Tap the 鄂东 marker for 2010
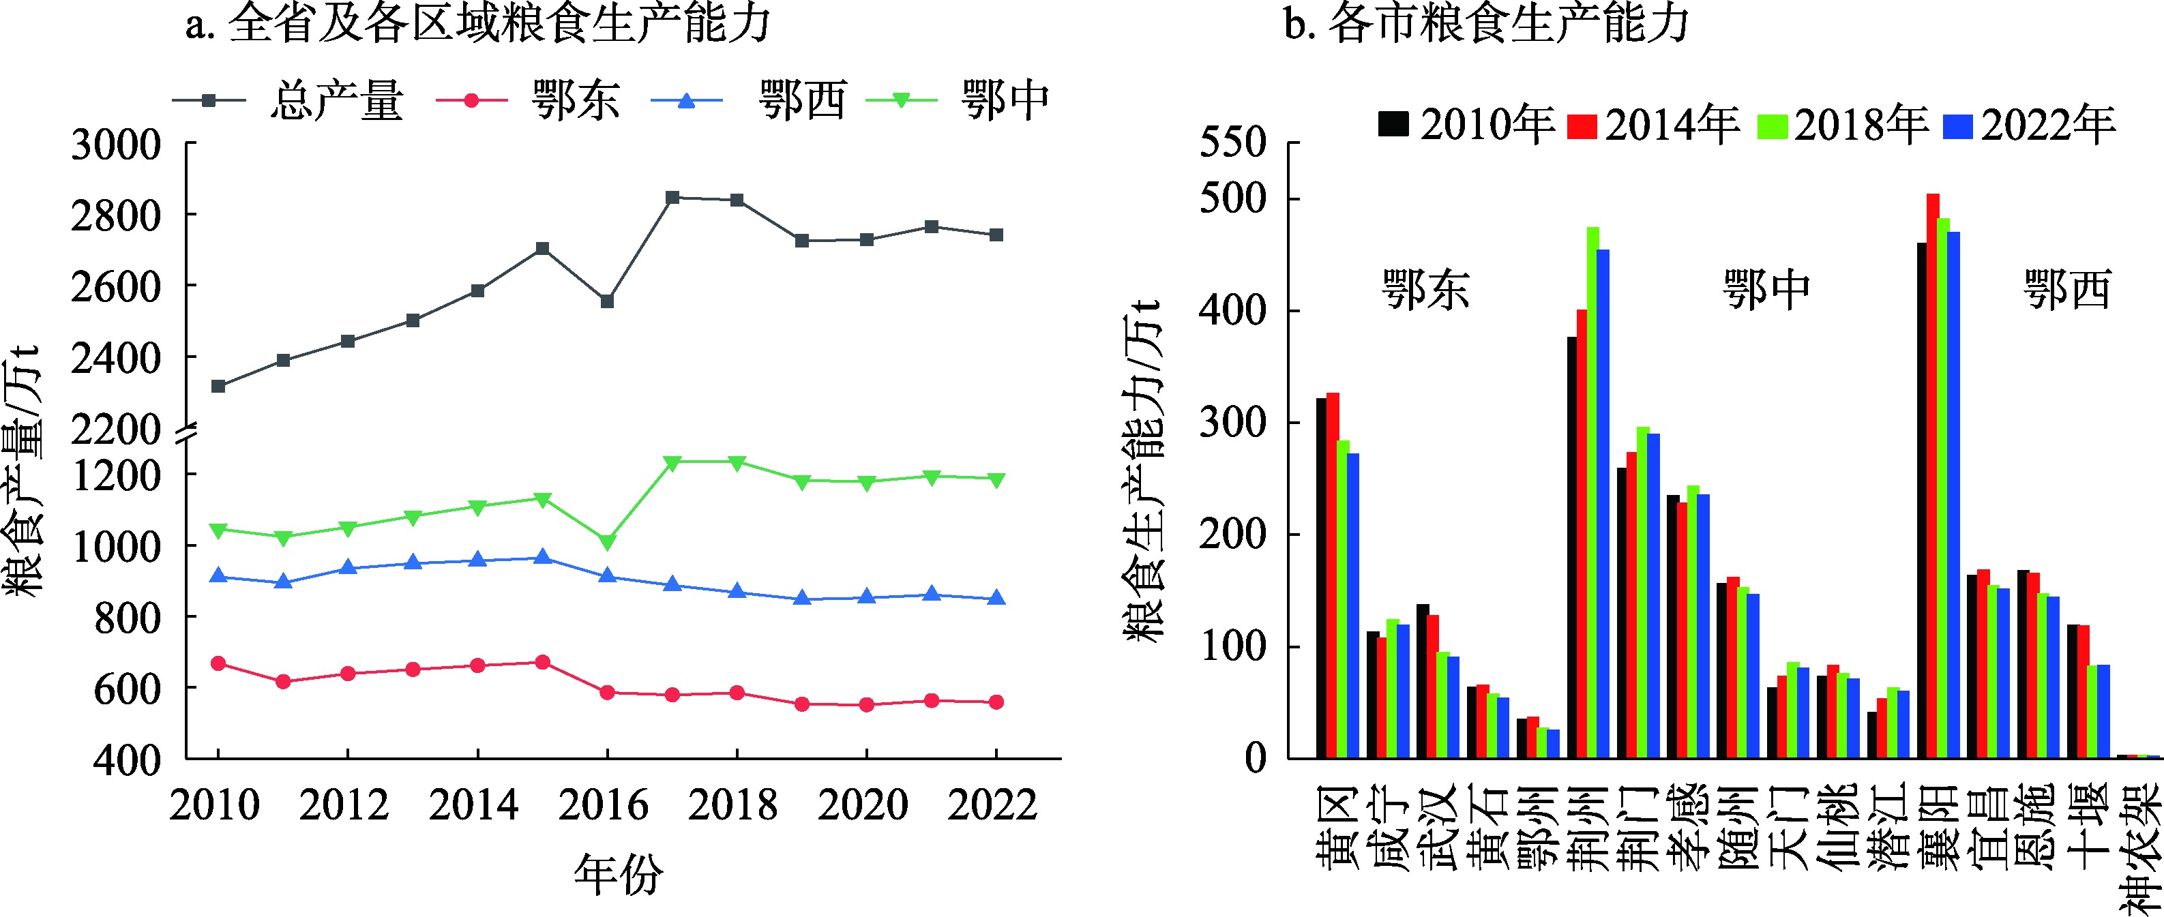(x=218, y=663)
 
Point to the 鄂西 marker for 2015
(x=543, y=558)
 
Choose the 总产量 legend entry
(x=336, y=101)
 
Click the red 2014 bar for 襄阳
(x=1933, y=475)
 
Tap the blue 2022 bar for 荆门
(x=1653, y=595)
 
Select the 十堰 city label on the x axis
(x=2089, y=819)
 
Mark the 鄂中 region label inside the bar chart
(x=1766, y=290)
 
